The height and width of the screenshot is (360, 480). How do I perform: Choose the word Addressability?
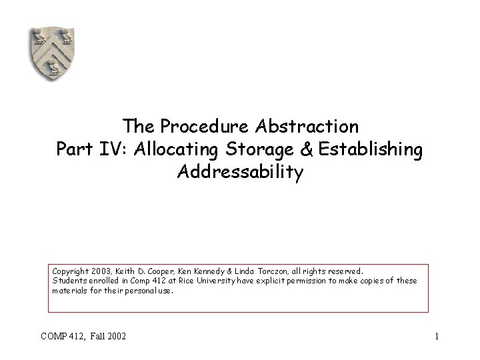point(240,173)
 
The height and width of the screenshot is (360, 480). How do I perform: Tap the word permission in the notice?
point(300,281)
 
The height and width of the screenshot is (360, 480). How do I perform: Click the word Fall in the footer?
point(95,336)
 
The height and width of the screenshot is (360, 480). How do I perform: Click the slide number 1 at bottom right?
point(436,336)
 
